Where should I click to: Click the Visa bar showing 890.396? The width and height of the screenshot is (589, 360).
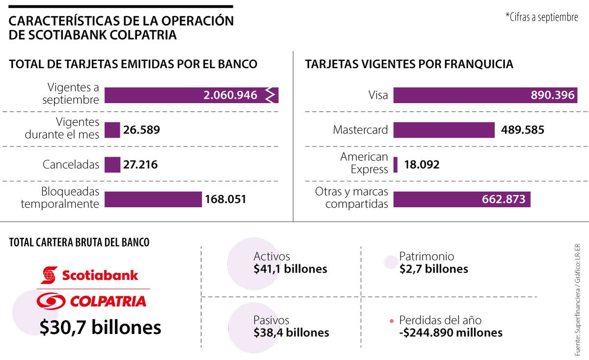click(x=485, y=95)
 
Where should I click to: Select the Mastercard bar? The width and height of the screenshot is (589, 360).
click(x=444, y=130)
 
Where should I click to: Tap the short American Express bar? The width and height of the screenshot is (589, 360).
click(x=395, y=165)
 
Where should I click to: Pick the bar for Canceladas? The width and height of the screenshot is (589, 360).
click(x=112, y=165)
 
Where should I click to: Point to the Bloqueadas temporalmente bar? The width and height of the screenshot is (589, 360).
click(x=153, y=199)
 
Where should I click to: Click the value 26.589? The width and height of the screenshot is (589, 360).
click(x=142, y=130)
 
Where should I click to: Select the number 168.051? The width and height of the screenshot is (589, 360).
click(x=226, y=199)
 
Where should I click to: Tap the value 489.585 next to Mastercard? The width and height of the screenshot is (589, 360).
click(x=522, y=130)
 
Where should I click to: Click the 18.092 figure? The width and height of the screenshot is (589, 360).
click(x=422, y=165)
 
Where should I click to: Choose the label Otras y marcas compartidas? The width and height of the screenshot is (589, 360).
click(x=351, y=198)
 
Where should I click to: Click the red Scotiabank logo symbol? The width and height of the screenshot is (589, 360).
click(x=49, y=275)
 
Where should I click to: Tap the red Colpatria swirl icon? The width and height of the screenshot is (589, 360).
click(x=51, y=301)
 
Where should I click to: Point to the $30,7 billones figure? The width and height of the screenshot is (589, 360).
click(x=101, y=327)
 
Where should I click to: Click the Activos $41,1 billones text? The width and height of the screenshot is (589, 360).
click(x=290, y=263)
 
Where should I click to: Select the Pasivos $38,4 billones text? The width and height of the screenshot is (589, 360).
click(x=291, y=327)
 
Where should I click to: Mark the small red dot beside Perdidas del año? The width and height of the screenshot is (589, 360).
click(x=391, y=321)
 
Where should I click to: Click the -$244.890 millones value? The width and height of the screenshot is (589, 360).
click(x=451, y=333)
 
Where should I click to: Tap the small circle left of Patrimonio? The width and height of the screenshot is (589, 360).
click(x=390, y=263)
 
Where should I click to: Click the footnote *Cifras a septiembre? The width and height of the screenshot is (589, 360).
click(x=541, y=17)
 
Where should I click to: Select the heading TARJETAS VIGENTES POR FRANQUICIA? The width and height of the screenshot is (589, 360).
click(x=409, y=64)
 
